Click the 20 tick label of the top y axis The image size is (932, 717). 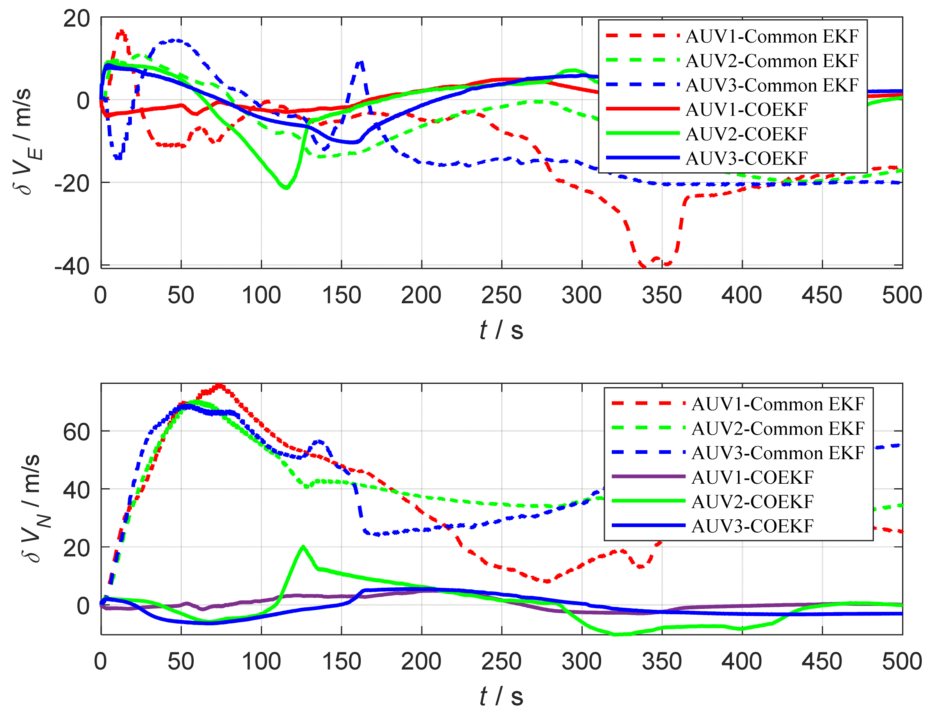click(77, 19)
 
